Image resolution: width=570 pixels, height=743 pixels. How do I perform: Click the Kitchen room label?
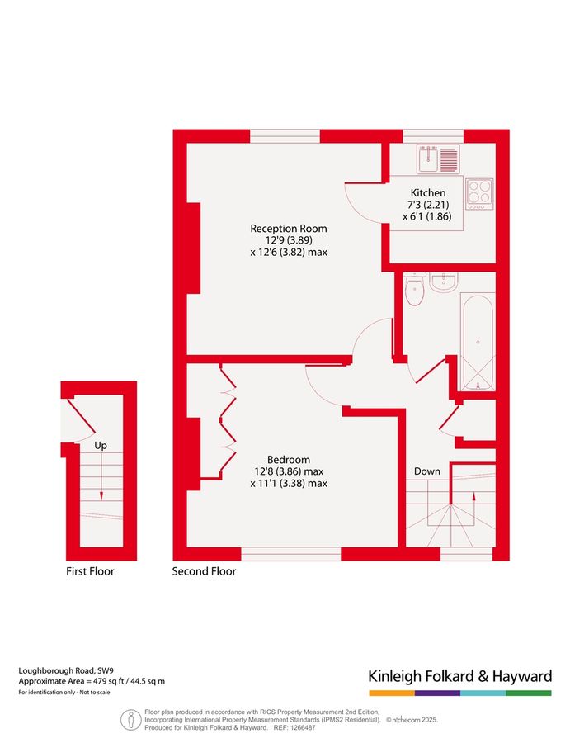428,193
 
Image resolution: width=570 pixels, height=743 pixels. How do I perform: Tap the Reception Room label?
289,229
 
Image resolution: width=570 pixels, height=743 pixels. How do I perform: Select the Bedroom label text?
289,460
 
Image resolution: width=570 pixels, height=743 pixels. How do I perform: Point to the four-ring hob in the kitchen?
478,193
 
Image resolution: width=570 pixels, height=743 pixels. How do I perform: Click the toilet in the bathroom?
414,291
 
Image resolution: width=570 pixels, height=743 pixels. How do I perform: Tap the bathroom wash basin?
443,282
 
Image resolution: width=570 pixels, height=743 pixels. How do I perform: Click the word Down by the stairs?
427,471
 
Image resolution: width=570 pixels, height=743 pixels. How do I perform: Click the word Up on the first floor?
101,446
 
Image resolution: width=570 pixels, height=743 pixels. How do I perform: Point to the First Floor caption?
91,571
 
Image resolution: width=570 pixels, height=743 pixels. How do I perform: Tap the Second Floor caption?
204,571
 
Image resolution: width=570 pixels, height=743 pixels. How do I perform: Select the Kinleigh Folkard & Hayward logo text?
459,677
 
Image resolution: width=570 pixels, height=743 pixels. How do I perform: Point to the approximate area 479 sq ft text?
92,681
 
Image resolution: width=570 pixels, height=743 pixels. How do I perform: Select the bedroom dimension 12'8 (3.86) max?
289,471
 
